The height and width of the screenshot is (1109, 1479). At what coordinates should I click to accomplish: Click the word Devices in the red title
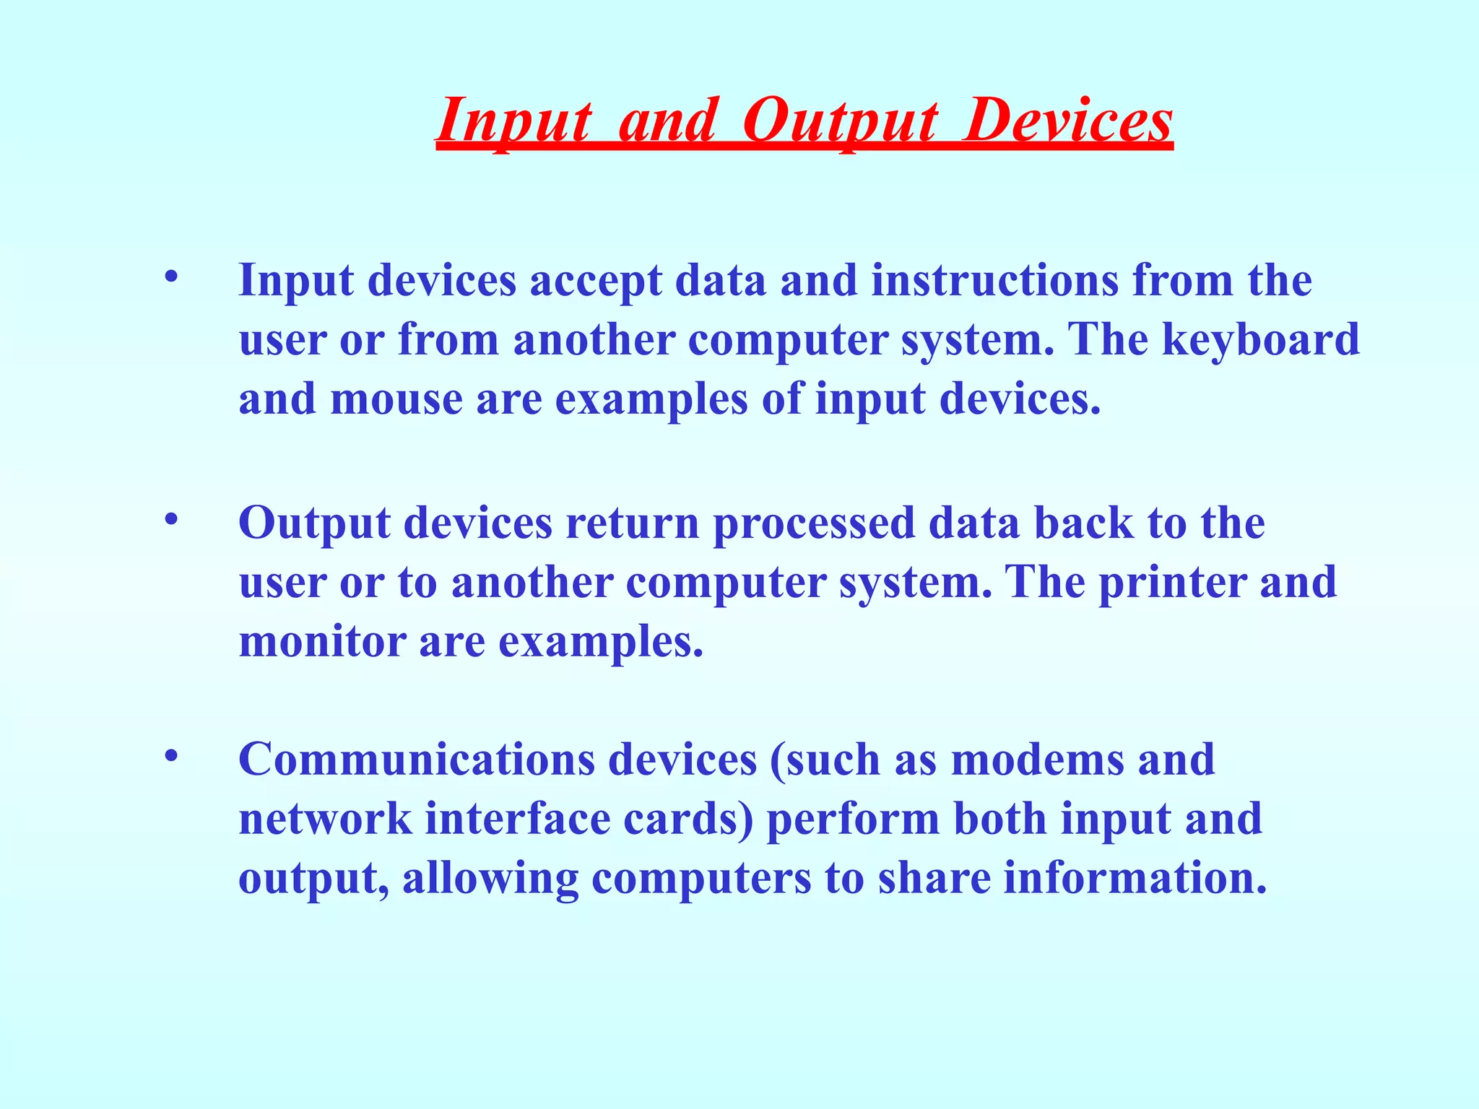[1070, 121]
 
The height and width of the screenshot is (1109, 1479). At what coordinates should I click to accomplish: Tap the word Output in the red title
[841, 121]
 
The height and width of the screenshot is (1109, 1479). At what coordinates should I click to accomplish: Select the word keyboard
[1260, 339]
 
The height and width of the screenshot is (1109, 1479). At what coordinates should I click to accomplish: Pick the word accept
[596, 282]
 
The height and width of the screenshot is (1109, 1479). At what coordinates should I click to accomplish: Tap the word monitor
[322, 641]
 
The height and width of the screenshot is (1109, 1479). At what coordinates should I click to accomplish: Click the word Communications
[416, 760]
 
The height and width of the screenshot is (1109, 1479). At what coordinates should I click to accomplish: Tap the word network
[325, 819]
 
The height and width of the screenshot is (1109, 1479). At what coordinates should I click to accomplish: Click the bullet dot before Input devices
[170, 277]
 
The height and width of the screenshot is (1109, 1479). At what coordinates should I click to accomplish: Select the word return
[633, 523]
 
